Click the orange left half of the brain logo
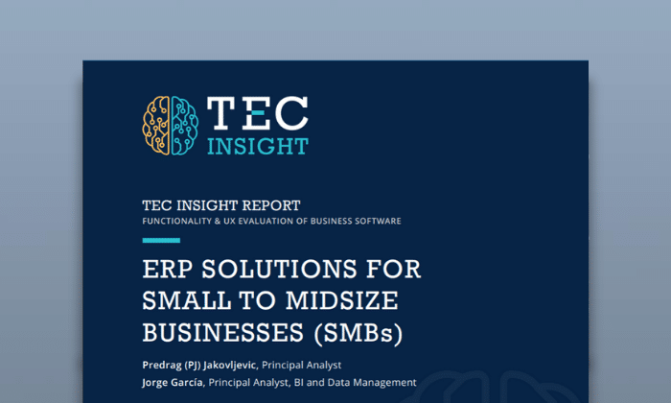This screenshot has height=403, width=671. (x=156, y=125)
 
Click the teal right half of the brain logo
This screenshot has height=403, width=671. (x=185, y=125)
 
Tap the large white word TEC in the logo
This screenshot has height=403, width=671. (x=258, y=112)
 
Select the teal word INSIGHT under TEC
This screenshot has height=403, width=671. (x=258, y=147)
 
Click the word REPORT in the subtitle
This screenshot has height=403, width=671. (x=271, y=205)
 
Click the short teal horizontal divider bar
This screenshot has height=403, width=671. (x=161, y=240)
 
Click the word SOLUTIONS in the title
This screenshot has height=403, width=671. (x=279, y=269)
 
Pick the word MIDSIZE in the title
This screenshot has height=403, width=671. (x=342, y=300)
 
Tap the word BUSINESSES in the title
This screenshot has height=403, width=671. (x=223, y=333)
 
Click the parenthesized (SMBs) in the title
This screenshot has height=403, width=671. (x=359, y=334)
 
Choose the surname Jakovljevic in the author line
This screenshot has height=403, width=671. (x=229, y=366)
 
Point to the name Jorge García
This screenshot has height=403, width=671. (x=173, y=383)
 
